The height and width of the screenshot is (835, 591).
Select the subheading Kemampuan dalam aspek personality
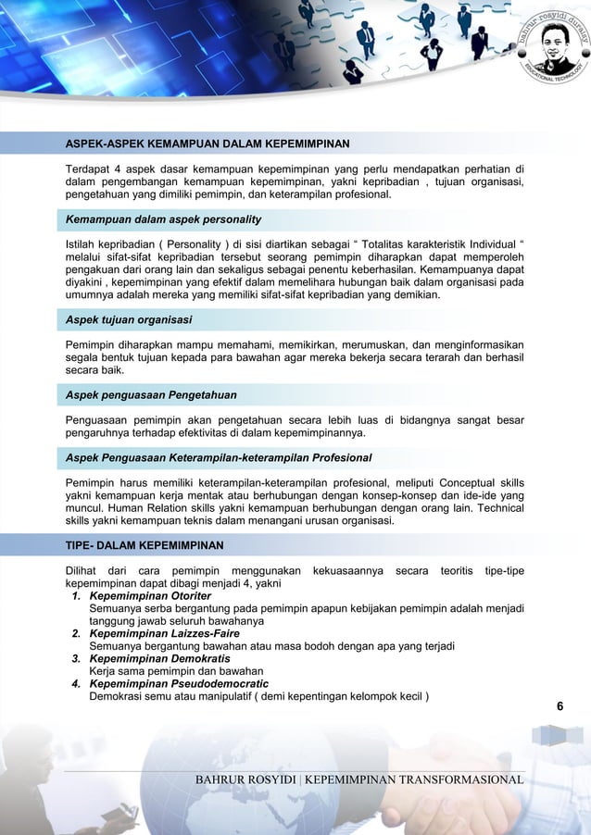162,219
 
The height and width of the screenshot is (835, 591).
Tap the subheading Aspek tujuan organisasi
129,319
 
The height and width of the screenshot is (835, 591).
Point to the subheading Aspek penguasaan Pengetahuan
150,395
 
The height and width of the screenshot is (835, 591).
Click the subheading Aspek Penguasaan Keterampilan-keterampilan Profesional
218,457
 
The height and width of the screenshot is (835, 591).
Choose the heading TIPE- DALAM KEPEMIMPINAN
144,544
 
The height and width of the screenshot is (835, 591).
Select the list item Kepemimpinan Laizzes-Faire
165,633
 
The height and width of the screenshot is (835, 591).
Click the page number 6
560,707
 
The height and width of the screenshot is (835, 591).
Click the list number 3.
78,658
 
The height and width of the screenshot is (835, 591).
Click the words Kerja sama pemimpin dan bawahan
176,671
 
